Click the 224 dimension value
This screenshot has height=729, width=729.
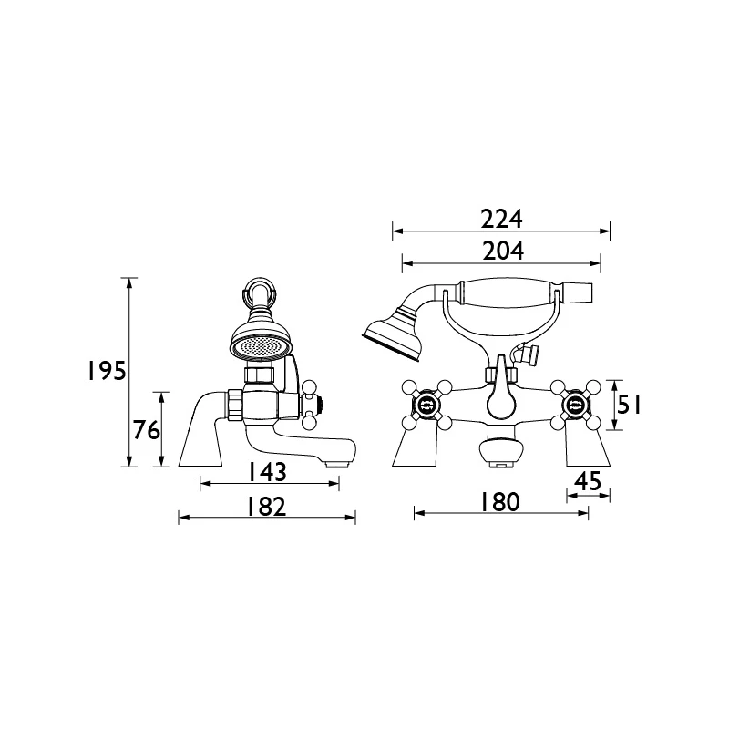[502, 220]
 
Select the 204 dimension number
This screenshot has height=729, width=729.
[503, 252]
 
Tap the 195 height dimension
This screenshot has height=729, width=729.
[107, 372]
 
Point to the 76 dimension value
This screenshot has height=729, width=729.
[147, 430]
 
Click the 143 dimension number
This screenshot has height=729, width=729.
[267, 472]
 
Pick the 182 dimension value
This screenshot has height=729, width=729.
[266, 507]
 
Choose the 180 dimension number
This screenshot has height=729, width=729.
[499, 502]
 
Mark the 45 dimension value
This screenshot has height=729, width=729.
[588, 481]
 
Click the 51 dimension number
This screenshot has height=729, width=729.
[629, 405]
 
